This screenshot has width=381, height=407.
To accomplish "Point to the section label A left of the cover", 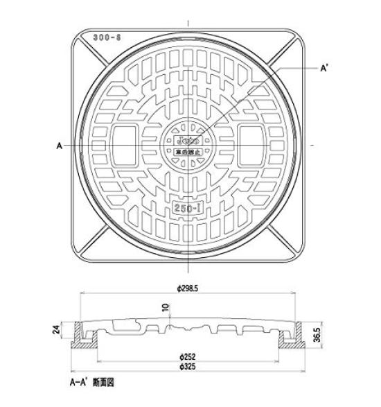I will click(60, 146).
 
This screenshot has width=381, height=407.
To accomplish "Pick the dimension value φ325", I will click(188, 366).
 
